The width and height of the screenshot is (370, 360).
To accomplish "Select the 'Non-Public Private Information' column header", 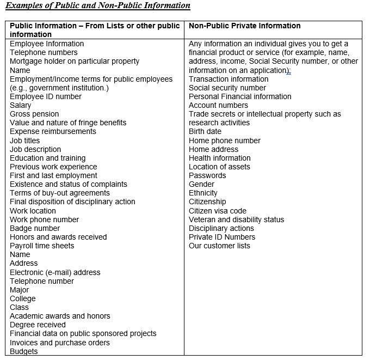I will pyautogui.click(x=244, y=26).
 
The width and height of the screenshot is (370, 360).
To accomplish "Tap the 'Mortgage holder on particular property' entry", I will pyautogui.click(x=75, y=61).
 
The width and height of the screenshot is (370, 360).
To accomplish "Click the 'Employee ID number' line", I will pyautogui.click(x=46, y=96).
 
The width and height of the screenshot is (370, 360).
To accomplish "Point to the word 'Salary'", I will pyautogui.click(x=21, y=105).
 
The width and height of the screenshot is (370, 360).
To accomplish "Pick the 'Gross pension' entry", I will pyautogui.click(x=34, y=114).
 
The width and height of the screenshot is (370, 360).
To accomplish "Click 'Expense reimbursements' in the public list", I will pyautogui.click(x=53, y=131).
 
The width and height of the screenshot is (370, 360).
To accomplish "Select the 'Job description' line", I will pyautogui.click(x=35, y=149).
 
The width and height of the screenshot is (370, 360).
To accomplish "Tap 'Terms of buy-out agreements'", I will pyautogui.click(x=60, y=193).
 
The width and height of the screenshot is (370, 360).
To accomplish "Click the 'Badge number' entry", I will pyautogui.click(x=35, y=228).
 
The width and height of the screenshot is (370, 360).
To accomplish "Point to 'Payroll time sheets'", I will pyautogui.click(x=42, y=246).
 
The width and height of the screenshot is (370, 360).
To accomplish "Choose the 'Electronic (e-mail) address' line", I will pyautogui.click(x=55, y=272).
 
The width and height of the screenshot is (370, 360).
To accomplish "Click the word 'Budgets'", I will pyautogui.click(x=24, y=351).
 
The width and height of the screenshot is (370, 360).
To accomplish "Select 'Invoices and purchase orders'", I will pyautogui.click(x=60, y=343).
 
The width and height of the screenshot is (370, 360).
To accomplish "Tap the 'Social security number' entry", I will pyautogui.click(x=227, y=88).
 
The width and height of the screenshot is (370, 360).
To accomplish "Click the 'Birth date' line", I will pyautogui.click(x=205, y=131).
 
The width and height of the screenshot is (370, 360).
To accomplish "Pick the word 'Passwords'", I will pyautogui.click(x=207, y=175).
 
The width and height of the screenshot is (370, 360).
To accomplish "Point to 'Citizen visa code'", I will pyautogui.click(x=218, y=211).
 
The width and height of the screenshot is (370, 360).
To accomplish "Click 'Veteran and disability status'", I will pyautogui.click(x=236, y=219).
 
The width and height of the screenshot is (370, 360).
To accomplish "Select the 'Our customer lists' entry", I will pyautogui.click(x=219, y=246).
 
